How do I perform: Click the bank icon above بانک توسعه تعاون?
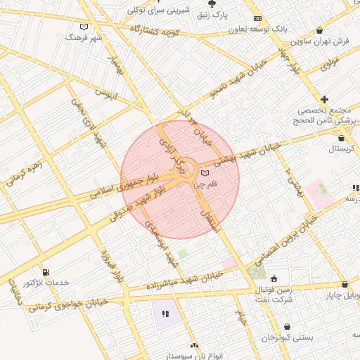point(258,18)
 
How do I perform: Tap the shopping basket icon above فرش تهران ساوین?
point(321,31)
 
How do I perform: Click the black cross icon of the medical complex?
point(324,100)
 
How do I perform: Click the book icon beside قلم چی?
point(205,173)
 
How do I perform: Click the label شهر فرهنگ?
point(84,37)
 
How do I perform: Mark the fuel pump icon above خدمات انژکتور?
point(46,272)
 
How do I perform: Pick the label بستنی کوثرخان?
point(288,337)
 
